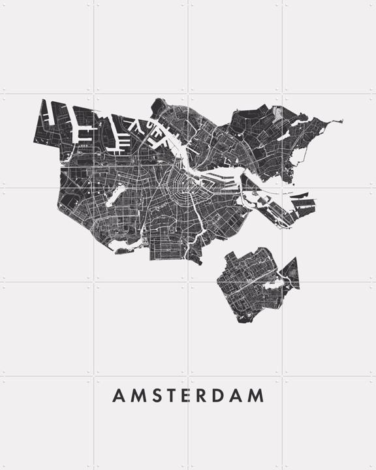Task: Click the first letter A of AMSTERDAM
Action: [118, 396]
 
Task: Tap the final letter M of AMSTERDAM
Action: [258, 396]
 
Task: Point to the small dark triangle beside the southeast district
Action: [291, 270]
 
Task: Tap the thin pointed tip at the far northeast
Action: [339, 121]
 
